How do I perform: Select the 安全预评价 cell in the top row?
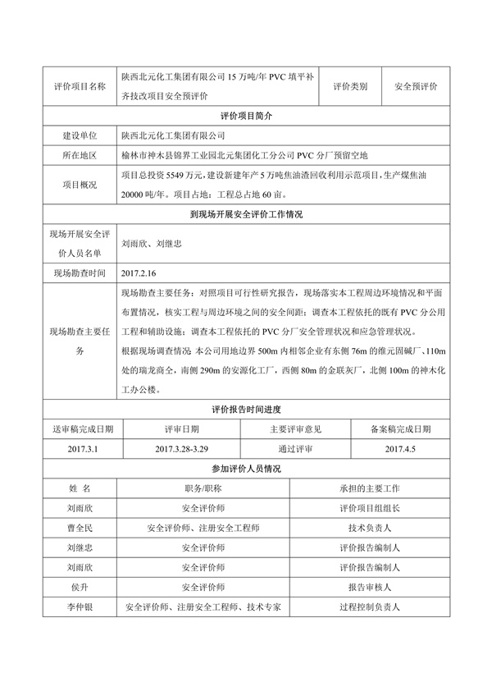point(416,86)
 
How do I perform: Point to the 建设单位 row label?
point(80,135)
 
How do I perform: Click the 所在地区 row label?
point(80,155)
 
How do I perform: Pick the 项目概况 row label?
point(80,185)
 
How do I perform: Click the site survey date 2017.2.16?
point(138,272)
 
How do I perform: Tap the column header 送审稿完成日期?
point(84,428)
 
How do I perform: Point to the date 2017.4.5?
point(400,449)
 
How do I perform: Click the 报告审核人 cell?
point(369,588)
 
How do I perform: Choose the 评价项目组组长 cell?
point(369,508)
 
